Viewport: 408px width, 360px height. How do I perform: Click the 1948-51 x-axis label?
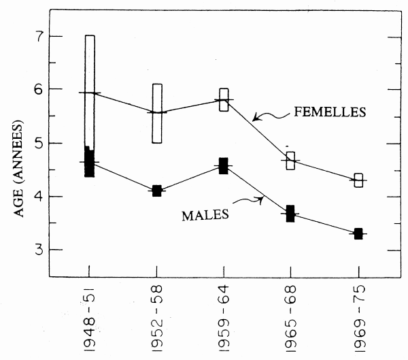[x=90, y=321]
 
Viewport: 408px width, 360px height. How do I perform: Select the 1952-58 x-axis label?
[x=157, y=321]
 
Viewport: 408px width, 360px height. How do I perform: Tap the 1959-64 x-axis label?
[x=224, y=321]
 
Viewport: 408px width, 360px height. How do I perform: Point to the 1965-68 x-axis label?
[x=291, y=321]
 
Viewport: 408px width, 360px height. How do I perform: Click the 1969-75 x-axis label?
[x=358, y=321]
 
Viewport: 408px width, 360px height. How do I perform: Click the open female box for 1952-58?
[x=157, y=113]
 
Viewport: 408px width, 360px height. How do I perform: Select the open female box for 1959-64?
[x=224, y=99]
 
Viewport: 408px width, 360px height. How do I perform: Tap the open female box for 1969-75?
[x=358, y=180]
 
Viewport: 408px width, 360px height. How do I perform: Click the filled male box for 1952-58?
[x=157, y=191]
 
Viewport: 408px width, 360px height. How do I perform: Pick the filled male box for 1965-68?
[x=290, y=214]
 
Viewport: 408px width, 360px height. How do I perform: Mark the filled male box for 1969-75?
[x=358, y=233]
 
